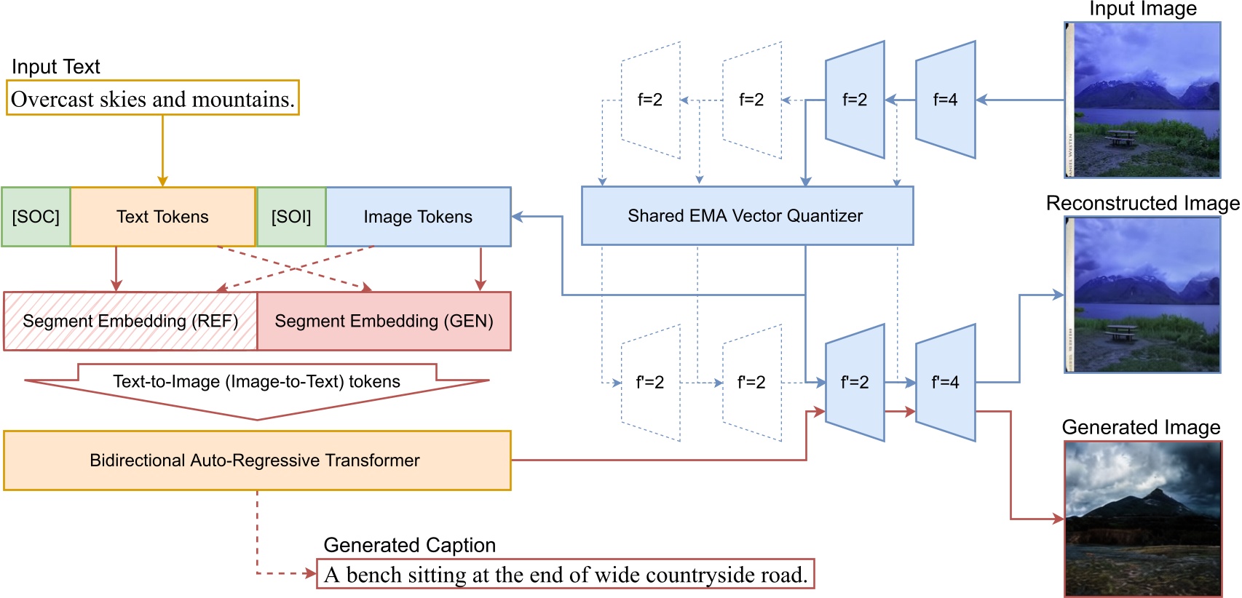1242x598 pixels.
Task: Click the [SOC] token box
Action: (x=36, y=217)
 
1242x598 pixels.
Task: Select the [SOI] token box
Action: (x=291, y=217)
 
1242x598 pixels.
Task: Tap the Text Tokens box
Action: (x=162, y=217)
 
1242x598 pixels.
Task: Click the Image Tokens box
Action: (x=418, y=217)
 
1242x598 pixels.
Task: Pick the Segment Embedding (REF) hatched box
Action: (x=130, y=322)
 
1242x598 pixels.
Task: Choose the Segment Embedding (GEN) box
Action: (x=384, y=322)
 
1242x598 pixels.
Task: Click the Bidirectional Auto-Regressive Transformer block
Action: (x=256, y=461)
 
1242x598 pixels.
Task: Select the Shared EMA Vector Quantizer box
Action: (x=746, y=216)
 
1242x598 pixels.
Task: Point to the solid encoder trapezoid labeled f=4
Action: (x=945, y=100)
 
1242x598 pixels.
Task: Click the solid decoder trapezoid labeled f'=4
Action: (x=945, y=383)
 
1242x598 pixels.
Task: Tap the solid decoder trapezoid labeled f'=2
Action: (x=855, y=383)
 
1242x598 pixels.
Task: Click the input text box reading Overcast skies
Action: (x=153, y=99)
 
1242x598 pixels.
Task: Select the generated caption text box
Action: (x=566, y=575)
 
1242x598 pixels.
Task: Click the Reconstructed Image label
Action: (x=1142, y=204)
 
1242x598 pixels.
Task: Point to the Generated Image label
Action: (x=1141, y=428)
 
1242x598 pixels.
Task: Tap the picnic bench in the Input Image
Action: (x=1121, y=136)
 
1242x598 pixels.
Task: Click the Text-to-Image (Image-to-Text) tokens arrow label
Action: (x=256, y=382)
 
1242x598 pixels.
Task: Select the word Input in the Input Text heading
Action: (x=33, y=67)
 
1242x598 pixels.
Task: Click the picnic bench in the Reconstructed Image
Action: (x=1121, y=332)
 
